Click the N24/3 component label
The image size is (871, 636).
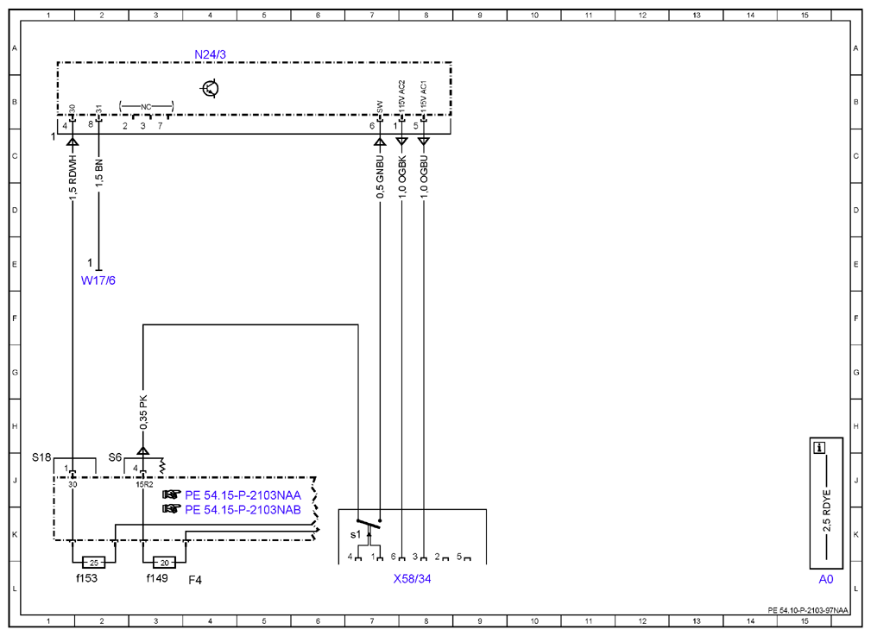pyautogui.click(x=210, y=54)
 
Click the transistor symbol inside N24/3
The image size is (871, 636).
pyautogui.click(x=210, y=88)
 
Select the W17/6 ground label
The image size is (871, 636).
pyautogui.click(x=98, y=280)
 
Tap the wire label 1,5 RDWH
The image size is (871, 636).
pyautogui.click(x=73, y=178)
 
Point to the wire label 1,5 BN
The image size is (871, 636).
pyautogui.click(x=99, y=173)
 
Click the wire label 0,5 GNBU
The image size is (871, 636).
pyautogui.click(x=380, y=177)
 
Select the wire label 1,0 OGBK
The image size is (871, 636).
pyautogui.click(x=402, y=177)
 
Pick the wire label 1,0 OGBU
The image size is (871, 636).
pyautogui.click(x=424, y=177)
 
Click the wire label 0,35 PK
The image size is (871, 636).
pyautogui.click(x=143, y=412)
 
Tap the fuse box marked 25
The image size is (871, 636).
pyautogui.click(x=94, y=563)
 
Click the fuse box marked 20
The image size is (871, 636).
pyautogui.click(x=164, y=563)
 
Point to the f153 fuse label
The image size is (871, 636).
pyautogui.click(x=86, y=578)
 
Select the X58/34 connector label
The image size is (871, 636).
pyautogui.click(x=412, y=579)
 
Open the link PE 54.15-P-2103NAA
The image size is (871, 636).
pyautogui.click(x=243, y=495)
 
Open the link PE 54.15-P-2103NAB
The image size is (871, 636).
pyautogui.click(x=243, y=509)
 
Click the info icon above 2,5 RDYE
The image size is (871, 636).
pyautogui.click(x=819, y=447)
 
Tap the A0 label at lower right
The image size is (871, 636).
pyautogui.click(x=826, y=579)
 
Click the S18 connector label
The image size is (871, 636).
pyautogui.click(x=41, y=457)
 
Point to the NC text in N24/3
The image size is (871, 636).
pyautogui.click(x=146, y=107)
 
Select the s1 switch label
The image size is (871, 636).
pyautogui.click(x=355, y=535)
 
